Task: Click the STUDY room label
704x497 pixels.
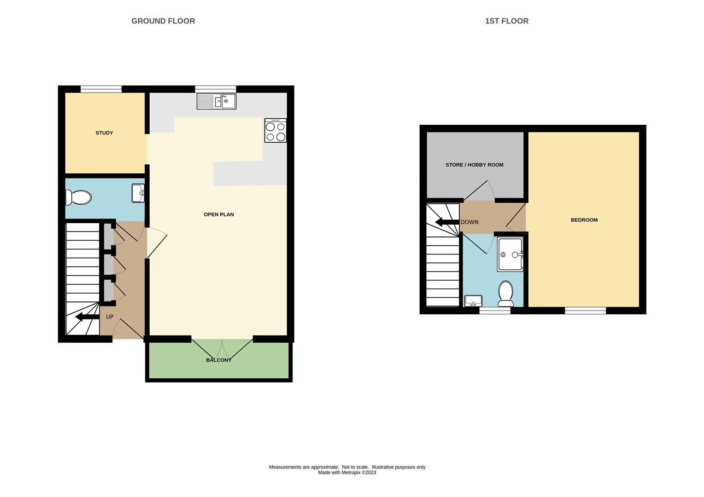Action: pos(104,133)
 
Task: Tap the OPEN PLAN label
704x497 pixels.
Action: pos(219,214)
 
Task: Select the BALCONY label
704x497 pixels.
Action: pos(219,360)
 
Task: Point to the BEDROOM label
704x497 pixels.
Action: pos(584,220)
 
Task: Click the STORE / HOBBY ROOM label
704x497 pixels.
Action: pos(475,165)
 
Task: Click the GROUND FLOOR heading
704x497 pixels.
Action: pos(163,21)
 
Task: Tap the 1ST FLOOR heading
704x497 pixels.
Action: pos(507,21)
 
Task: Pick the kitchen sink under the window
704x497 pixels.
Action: pos(216,101)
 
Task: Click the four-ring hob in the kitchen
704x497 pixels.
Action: pos(276,130)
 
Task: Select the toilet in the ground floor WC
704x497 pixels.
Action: pos(78,197)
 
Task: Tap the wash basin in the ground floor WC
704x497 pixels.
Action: pos(138,193)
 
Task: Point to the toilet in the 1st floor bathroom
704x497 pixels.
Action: pos(506,294)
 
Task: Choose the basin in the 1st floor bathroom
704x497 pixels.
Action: pos(473,301)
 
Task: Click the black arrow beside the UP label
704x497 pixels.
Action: pos(88,317)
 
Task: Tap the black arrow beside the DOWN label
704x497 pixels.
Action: pos(447,222)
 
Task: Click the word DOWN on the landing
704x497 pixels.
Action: pos(469,222)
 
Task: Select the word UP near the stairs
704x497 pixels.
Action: pos(110,317)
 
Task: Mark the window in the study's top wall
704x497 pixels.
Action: pos(101,89)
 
